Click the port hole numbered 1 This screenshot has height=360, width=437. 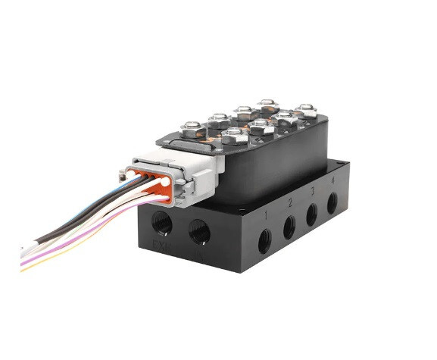tap(264, 241)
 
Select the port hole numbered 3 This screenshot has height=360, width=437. tap(312, 214)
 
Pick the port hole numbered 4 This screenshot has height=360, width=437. tap(332, 203)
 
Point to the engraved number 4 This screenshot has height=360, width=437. tap(331, 180)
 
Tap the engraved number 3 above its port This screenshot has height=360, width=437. tap(311, 191)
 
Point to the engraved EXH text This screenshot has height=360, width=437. tap(161, 246)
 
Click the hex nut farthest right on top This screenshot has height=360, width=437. tap(304, 111)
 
